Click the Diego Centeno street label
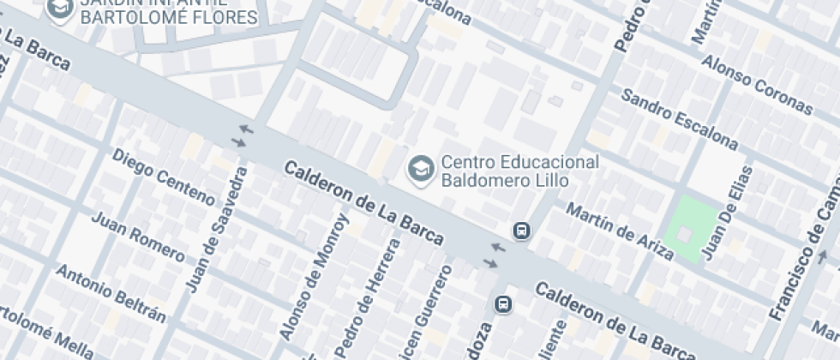(x=163, y=177)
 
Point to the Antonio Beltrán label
(x=111, y=292)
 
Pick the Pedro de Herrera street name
(x=368, y=297)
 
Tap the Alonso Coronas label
(x=756, y=86)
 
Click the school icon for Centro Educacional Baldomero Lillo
(x=420, y=168)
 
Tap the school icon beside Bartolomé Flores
(x=60, y=9)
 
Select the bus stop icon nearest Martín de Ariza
(x=521, y=230)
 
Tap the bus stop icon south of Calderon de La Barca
(x=504, y=304)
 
